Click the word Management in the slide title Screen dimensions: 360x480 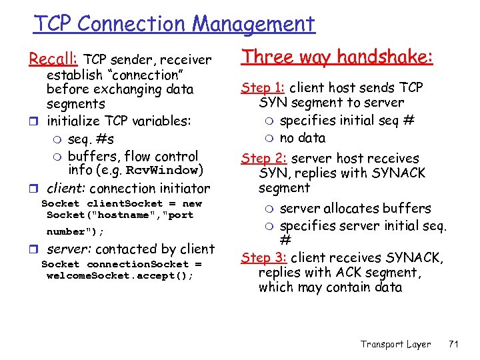coord(253,24)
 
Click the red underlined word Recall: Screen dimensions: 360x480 coord(53,59)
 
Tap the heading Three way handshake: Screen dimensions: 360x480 coord(337,57)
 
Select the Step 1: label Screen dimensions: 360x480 coord(263,87)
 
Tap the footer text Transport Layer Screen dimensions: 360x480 coord(395,344)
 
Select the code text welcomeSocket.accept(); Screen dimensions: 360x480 coord(120,275)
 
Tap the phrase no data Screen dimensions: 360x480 coord(303,138)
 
